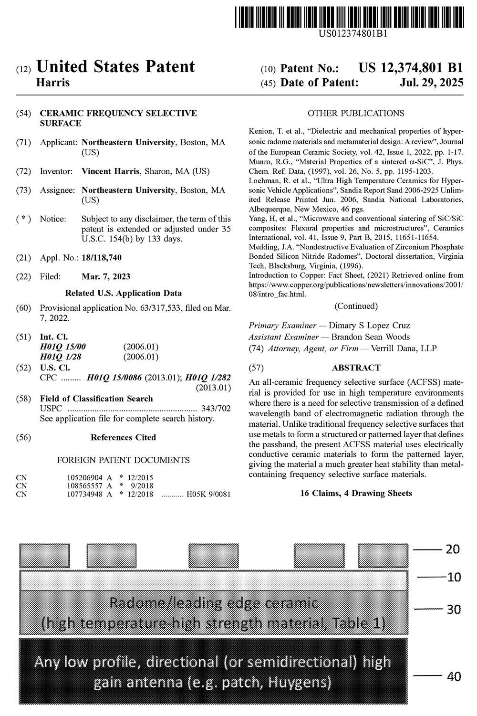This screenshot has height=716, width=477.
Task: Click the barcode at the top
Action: pyautogui.click(x=349, y=16)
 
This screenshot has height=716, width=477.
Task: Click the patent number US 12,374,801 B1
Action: pyautogui.click(x=411, y=68)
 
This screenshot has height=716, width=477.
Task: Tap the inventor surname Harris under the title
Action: pyautogui.click(x=53, y=83)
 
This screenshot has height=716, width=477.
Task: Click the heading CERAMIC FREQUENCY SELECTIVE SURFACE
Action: pyautogui.click(x=118, y=118)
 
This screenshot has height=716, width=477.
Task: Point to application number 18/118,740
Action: pyautogui.click(x=102, y=258)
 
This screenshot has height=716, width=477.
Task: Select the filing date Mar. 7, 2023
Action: pyautogui.click(x=106, y=276)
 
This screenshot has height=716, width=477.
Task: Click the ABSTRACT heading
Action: pyautogui.click(x=356, y=368)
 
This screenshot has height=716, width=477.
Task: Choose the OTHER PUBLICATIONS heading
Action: pyautogui.click(x=356, y=113)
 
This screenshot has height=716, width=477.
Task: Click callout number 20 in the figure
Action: pyautogui.click(x=452, y=549)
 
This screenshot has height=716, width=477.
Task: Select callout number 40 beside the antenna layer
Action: pyautogui.click(x=453, y=676)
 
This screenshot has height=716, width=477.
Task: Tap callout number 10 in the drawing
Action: pyautogui.click(x=454, y=577)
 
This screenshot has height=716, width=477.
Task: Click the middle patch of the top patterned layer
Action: pyautogui.click(x=213, y=556)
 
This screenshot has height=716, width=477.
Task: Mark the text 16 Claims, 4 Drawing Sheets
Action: pyautogui.click(x=356, y=493)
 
